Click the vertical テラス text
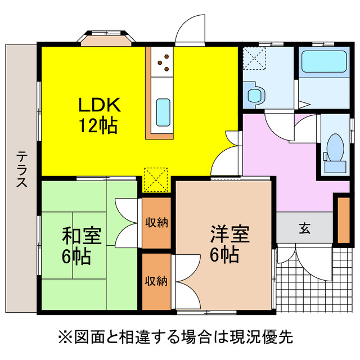point(21,169)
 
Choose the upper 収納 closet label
point(156,223)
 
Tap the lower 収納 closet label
point(156,281)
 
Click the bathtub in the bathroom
point(323,61)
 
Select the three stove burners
point(164,62)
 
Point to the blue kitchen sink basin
point(163,111)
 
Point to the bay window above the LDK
point(106,38)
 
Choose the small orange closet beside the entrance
point(342,218)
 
